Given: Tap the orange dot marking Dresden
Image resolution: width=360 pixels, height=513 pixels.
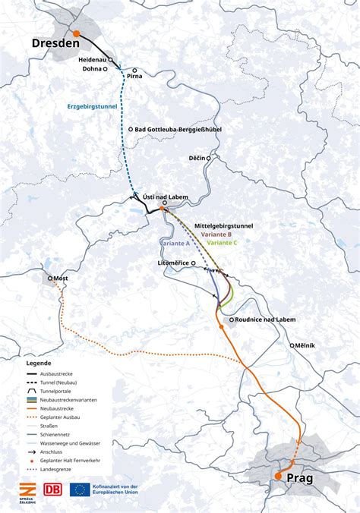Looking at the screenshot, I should point(77,33).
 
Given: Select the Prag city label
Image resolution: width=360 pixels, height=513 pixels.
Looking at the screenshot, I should point(302,479).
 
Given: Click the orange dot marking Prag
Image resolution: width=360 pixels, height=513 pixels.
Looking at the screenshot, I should point(278,476).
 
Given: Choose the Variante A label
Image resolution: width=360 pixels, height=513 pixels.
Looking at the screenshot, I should point(175,243).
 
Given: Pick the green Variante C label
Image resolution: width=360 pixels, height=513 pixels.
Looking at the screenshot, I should point(222,243).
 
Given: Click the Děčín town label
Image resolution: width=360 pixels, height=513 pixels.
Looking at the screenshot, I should point(198,159).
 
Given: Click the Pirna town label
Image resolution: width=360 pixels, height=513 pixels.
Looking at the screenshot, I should point(134,77).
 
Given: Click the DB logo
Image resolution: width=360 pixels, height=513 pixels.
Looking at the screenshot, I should point(53,489).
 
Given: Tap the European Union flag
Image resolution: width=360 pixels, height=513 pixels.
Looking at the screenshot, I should point(81,489).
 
